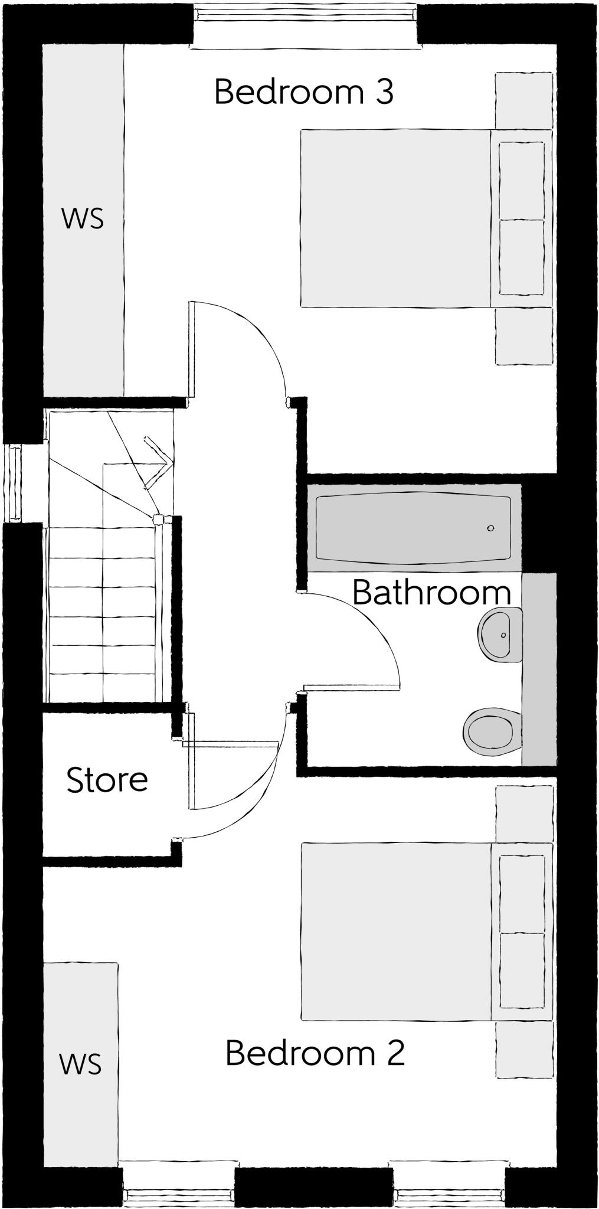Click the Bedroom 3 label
[x=303, y=92]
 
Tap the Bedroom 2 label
[x=315, y=1053]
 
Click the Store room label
[x=107, y=780]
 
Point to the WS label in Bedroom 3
[x=83, y=218]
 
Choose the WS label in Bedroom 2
[x=80, y=1064]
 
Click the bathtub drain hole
[x=490, y=528]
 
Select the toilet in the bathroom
[x=492, y=731]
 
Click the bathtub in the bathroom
[x=413, y=528]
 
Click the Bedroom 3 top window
[x=305, y=24]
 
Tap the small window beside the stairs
[x=14, y=483]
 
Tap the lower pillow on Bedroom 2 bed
[x=522, y=970]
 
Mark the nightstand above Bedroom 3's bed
[x=523, y=100]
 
